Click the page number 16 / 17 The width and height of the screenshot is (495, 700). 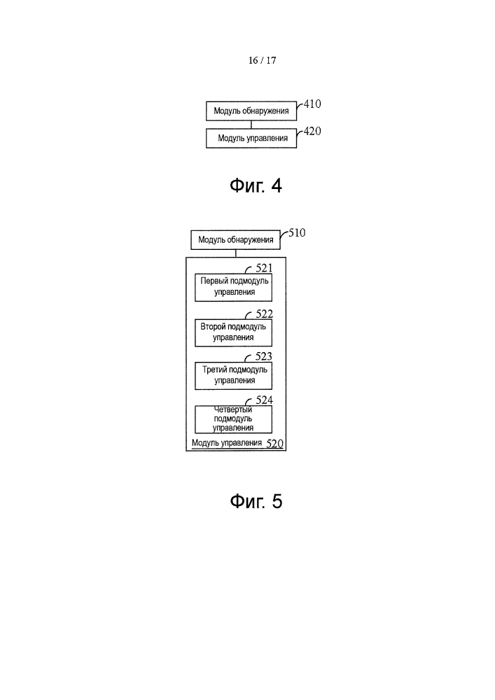coord(262,60)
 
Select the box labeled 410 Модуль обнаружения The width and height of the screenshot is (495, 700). coord(251,111)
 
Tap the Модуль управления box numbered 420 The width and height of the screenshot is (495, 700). coord(251,138)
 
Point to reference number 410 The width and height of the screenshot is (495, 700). coord(312,104)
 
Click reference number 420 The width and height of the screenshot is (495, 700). coord(312,132)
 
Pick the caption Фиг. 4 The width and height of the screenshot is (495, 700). coord(256,185)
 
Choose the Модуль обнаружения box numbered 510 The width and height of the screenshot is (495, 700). coord(236,239)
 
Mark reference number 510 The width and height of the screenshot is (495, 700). coord(298,232)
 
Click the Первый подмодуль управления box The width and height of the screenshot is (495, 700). coord(233,288)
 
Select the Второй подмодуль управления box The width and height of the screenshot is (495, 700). coord(233,332)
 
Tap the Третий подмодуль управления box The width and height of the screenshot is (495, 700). coord(233,376)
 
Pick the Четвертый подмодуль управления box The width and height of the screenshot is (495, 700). coord(233,419)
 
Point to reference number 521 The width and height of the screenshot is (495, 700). coord(264,268)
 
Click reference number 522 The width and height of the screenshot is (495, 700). coord(264,314)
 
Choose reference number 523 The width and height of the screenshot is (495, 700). coord(264,356)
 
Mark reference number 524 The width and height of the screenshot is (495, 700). coord(264,400)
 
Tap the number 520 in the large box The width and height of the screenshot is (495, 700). coord(275,444)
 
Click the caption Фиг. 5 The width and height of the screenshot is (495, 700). coord(256,501)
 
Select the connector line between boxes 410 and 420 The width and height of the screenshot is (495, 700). coord(251,125)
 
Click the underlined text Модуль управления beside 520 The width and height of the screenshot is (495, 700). coord(227,443)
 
